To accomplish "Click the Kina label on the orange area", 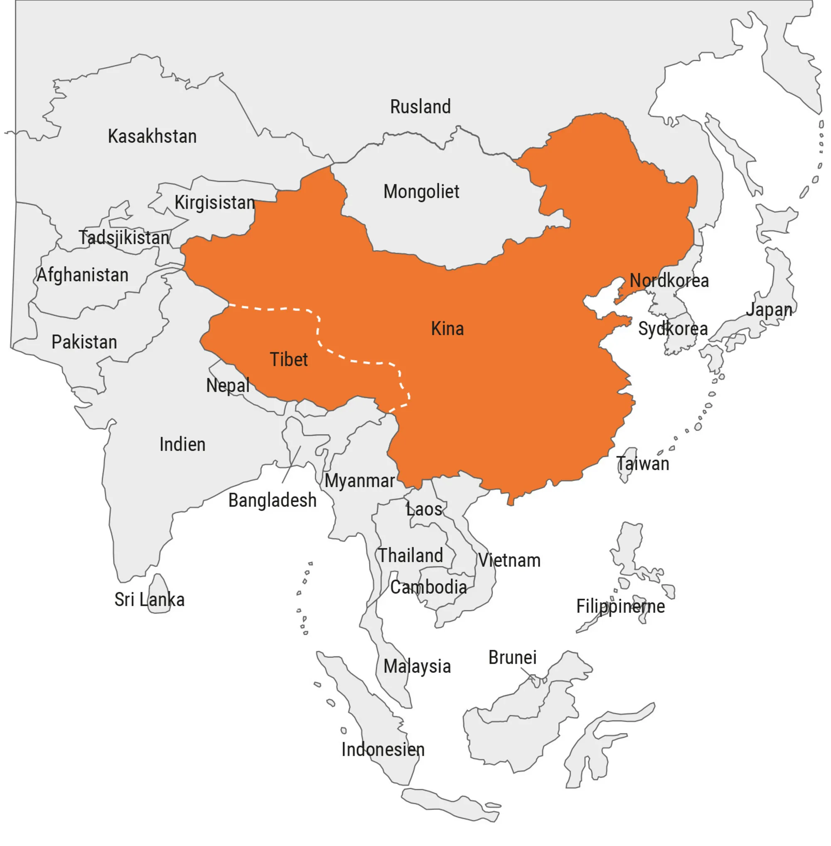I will pos(447,329).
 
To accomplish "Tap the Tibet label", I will pos(289,360).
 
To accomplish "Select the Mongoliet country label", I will pos(421,192).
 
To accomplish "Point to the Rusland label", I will pos(420,107).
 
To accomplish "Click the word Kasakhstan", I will pos(152,137).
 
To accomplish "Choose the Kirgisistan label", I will pos(215,202).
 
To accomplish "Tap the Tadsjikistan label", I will pos(124,238).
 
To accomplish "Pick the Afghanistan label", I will pos(83,275).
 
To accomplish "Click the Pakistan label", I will pos(84,342).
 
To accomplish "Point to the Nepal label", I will pos(228,386).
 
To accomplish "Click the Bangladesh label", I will pos(272,500).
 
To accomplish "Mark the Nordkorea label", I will pos(669,281).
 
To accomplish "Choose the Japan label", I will pos(769,310).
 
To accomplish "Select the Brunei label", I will pos(512,658).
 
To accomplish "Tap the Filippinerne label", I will pos(620,606).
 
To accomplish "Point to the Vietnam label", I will pos(509,561).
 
